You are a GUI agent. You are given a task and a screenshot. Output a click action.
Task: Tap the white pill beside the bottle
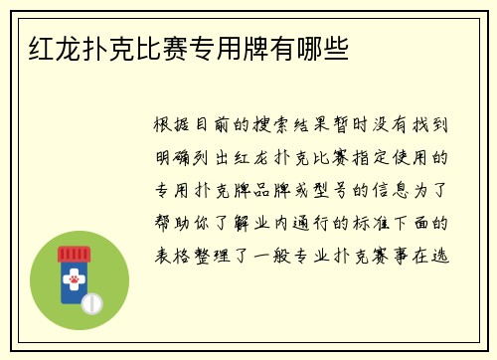pos(92,301)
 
